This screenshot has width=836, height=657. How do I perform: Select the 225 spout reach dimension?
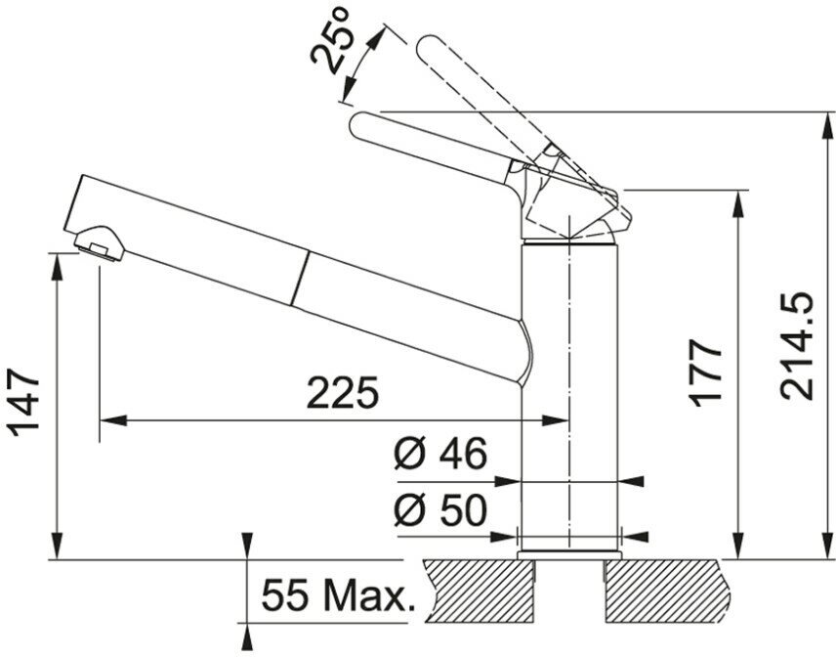tap(342, 393)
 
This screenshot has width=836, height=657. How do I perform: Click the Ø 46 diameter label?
tap(440, 456)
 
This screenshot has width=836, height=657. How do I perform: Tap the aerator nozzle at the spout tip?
tap(99, 241)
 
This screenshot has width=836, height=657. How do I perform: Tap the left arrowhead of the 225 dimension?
tap(107, 421)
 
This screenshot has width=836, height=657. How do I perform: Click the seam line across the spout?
tap(302, 277)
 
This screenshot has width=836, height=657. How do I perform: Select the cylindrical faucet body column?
tap(569, 391)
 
